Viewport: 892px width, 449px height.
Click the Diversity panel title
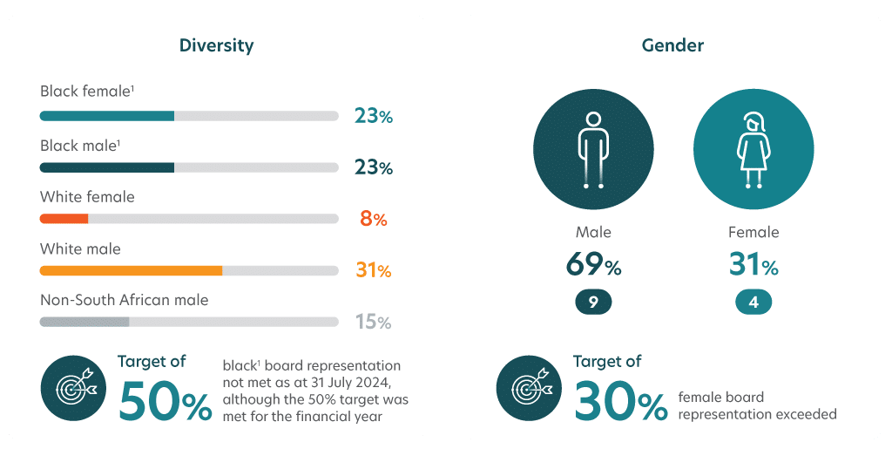pos(216,44)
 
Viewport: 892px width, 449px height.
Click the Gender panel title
pos(672,44)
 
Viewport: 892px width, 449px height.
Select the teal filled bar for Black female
pos(107,115)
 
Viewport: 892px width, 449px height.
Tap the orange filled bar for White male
pos(131,270)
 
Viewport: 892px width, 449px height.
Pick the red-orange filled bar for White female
pos(64,219)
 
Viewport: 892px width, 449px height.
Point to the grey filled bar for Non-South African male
pos(84,322)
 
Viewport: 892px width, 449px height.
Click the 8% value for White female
pos(373,219)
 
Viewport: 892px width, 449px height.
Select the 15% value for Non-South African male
pos(373,323)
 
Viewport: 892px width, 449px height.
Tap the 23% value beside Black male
pos(373,167)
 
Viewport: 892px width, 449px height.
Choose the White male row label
pos(80,248)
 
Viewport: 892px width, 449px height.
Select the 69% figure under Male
pos(592,264)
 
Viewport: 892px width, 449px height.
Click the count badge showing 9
pos(592,302)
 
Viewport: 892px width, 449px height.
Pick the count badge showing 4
pos(753,302)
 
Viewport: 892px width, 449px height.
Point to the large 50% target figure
pos(165,400)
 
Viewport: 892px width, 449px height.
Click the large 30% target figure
pos(620,400)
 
